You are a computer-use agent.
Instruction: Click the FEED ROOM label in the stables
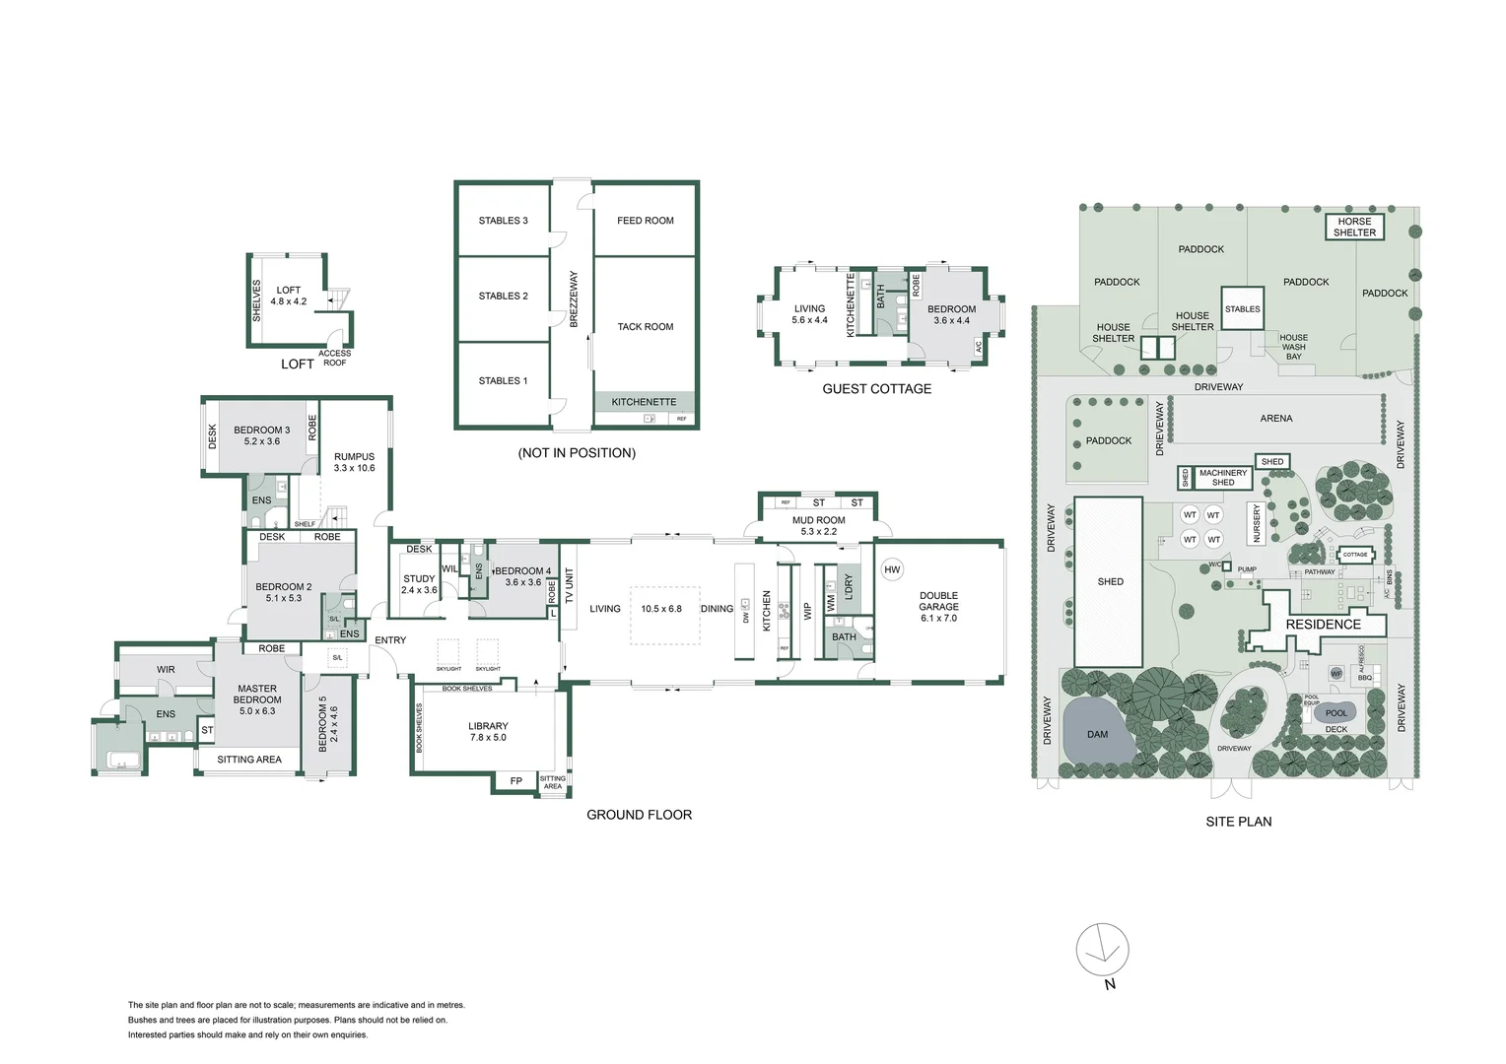click(645, 221)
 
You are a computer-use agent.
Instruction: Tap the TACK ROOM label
click(645, 326)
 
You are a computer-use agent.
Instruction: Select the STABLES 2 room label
click(503, 296)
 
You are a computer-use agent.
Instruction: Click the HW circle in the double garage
click(892, 569)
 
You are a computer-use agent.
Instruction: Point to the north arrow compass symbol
click(1103, 951)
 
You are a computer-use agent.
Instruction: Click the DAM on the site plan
click(1097, 734)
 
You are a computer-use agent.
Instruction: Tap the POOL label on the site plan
click(1335, 713)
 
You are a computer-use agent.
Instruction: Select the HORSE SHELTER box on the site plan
click(1354, 228)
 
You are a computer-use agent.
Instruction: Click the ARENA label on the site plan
click(1275, 419)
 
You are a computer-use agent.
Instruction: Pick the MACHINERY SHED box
click(1223, 478)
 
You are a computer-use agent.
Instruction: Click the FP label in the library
click(515, 781)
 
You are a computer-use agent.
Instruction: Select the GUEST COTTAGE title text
click(876, 389)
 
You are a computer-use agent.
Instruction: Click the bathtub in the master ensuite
click(123, 760)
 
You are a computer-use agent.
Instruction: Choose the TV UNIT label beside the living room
click(569, 585)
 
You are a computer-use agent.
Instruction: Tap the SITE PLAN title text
click(1238, 822)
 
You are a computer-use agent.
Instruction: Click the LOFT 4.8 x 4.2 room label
click(288, 297)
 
